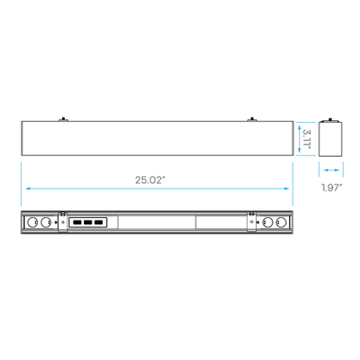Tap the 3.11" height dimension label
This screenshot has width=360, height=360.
[305, 138]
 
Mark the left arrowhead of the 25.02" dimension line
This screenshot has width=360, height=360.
[29, 187]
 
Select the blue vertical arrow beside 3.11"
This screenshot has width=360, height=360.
[299, 138]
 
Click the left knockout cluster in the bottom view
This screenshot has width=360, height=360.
[42, 222]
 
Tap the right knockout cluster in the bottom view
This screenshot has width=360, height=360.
[270, 222]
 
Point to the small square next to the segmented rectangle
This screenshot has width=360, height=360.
[111, 222]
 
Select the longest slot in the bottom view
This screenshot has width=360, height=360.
[156, 222]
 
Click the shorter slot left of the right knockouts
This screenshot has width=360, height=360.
[221, 222]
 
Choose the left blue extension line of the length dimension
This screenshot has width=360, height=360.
[21, 173]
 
